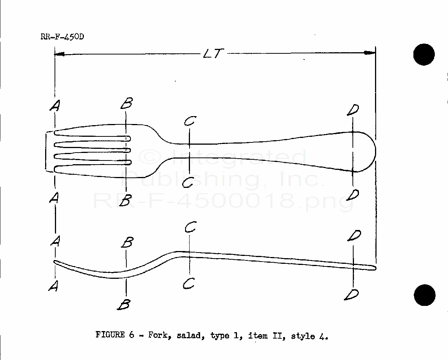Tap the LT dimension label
point(213,54)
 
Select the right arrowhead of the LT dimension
point(371,53)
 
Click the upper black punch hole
point(424,54)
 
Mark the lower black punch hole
point(425,295)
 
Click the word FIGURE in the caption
point(110,335)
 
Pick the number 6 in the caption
point(132,335)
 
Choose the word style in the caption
point(302,336)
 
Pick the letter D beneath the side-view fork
point(352,294)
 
